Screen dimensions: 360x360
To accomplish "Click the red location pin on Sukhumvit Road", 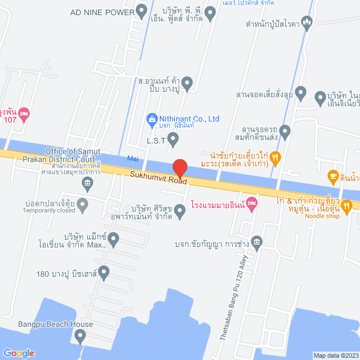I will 179,168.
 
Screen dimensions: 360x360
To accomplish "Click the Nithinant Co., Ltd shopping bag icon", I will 151,119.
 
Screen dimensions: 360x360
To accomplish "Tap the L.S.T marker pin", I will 173,141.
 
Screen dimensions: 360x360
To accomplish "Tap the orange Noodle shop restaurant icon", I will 346,206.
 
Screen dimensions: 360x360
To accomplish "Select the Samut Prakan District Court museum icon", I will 87,182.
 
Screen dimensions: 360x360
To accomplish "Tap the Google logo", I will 19,353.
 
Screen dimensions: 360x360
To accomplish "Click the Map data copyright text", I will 335,355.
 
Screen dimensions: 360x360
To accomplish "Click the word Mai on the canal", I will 133,159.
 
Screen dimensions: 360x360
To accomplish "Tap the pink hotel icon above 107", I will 24,115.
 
